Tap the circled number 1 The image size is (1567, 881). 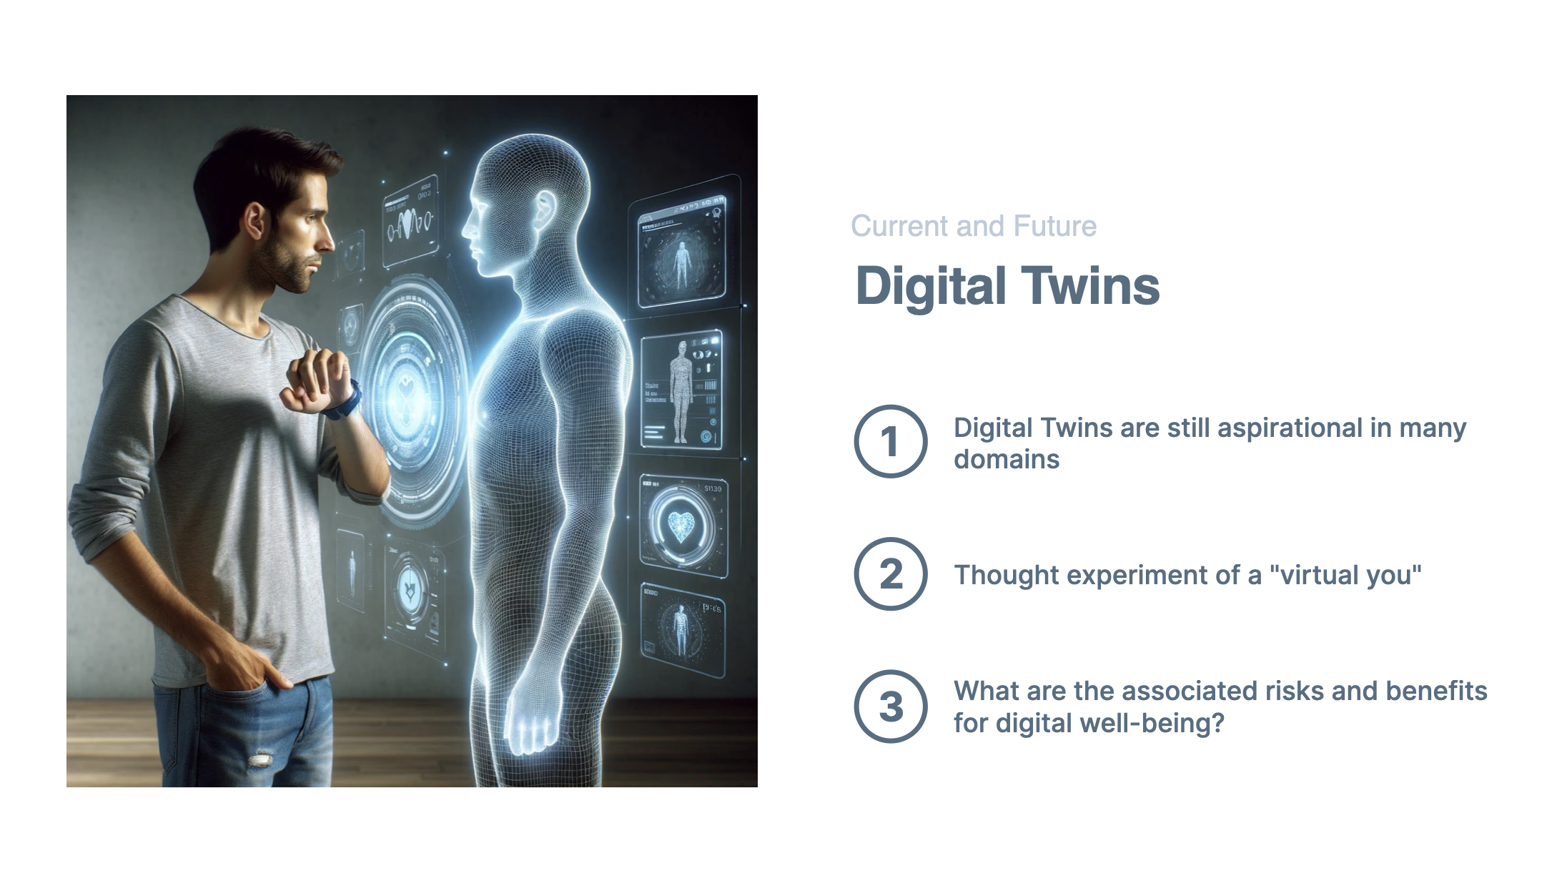click(x=890, y=441)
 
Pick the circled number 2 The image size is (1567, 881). click(x=890, y=574)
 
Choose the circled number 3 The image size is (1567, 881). click(x=890, y=707)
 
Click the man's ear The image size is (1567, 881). click(x=253, y=221)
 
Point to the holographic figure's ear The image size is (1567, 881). click(x=545, y=210)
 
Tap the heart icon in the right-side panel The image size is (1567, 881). click(x=681, y=526)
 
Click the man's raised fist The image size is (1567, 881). click(x=315, y=379)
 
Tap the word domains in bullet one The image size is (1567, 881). click(x=1007, y=459)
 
